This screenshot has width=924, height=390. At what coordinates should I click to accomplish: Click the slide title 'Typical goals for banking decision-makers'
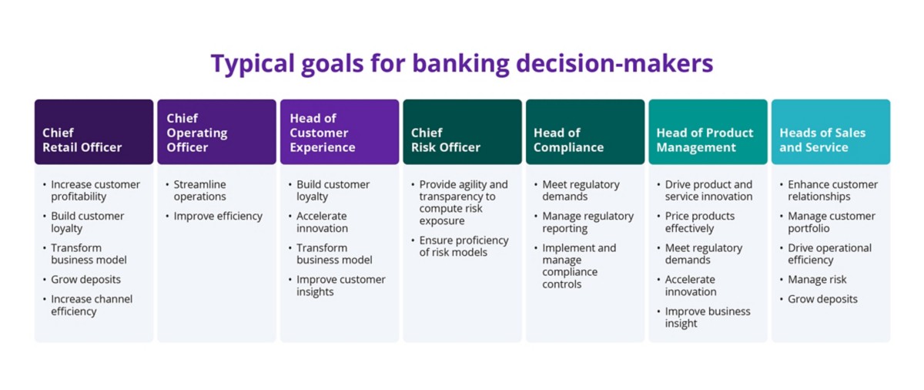462,64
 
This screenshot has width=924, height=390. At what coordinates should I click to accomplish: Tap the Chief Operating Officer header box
216,132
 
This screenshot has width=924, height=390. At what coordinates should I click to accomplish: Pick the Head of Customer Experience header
339,132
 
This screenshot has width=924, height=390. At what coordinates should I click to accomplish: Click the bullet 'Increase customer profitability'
95,190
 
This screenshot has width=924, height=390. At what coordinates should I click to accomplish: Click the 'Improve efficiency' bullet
218,216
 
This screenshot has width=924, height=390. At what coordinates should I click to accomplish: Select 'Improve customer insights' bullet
340,285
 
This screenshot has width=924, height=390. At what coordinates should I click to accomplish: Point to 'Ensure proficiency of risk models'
464,246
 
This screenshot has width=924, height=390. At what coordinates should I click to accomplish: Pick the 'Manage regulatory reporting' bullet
588,222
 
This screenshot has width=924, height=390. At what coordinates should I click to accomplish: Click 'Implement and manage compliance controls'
579,266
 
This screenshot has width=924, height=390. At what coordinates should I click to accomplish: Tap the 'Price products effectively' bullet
699,222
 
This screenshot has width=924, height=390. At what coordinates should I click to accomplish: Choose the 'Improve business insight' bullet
707,317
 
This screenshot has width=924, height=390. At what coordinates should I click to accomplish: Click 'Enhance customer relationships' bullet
832,190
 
